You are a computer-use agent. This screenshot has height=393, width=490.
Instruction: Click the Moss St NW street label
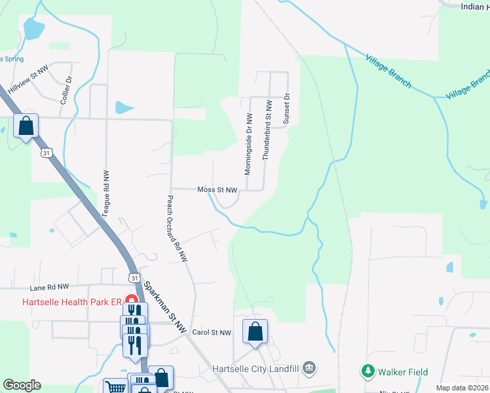point(217,190)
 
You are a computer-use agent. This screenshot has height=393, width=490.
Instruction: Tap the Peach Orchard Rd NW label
point(177,229)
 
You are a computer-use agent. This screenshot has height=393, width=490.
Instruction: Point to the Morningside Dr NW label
point(248,143)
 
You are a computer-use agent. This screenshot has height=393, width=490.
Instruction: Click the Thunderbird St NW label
point(267,130)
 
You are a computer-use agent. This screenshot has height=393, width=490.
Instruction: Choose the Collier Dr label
point(66,93)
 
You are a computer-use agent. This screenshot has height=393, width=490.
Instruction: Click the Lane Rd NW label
point(49,287)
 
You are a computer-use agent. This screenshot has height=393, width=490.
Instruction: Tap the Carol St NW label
point(212,333)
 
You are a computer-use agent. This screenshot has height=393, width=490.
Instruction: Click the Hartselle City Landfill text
point(257,368)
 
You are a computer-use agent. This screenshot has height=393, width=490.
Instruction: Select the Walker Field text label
point(404,372)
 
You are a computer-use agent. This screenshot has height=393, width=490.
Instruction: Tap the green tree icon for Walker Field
point(368,372)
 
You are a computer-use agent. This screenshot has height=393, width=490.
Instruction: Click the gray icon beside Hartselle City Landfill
point(311,367)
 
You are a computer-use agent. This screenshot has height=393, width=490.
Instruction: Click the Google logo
point(22,385)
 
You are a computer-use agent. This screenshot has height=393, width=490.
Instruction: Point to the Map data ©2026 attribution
point(462,388)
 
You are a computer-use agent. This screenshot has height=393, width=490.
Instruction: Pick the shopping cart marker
point(115,387)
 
